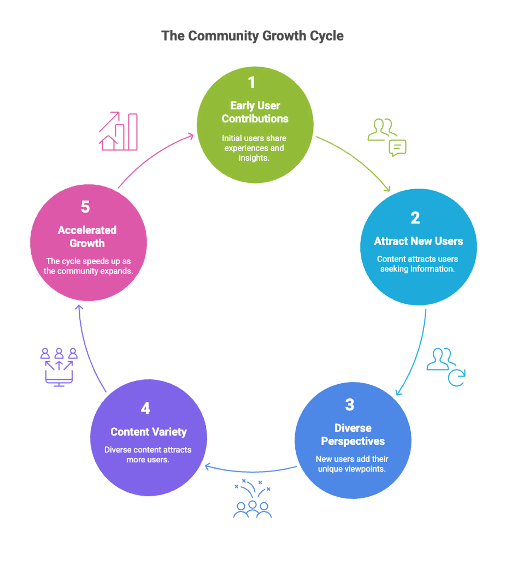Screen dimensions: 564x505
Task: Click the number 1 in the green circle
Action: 252,83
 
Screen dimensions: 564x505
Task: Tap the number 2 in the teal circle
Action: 415,218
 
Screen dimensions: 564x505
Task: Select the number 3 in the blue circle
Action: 349,405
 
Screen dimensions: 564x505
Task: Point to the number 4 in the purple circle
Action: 145,409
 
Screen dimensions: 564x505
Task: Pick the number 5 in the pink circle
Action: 85,207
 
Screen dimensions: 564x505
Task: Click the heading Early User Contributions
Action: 255,112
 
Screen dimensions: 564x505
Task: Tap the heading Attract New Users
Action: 418,241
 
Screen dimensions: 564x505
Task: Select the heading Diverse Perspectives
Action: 353,435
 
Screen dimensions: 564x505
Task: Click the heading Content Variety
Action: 148,432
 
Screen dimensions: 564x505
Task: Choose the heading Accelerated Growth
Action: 87,237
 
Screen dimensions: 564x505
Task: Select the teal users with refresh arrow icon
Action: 446,367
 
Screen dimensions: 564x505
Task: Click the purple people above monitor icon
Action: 59,367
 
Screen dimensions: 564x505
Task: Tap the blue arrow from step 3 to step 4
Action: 251,471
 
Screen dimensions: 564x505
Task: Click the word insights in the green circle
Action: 253,158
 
